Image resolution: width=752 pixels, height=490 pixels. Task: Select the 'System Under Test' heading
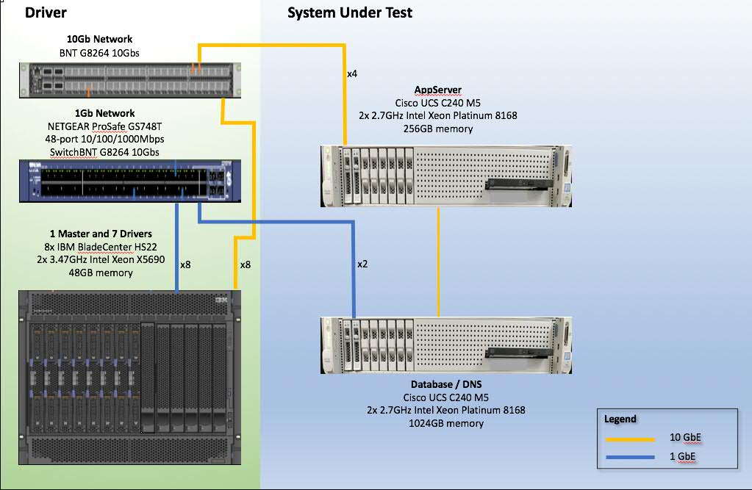[350, 12]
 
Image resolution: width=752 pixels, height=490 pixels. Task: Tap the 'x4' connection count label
[353, 74]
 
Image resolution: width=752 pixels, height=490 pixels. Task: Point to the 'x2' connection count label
[363, 264]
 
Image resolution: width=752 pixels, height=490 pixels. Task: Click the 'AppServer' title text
[438, 90]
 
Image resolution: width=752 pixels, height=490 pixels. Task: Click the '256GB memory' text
[438, 129]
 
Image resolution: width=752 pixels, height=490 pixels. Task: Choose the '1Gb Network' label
[104, 113]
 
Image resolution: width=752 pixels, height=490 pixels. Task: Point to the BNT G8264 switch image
[129, 80]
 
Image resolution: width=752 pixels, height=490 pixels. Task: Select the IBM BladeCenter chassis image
[130, 377]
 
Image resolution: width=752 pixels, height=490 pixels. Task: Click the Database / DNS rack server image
[447, 346]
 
